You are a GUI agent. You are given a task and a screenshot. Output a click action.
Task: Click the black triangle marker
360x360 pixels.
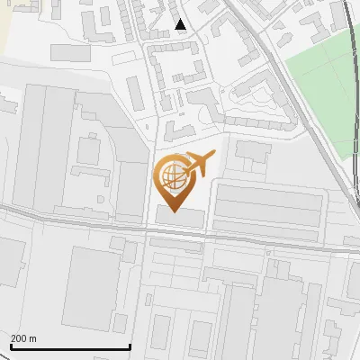point(181,24)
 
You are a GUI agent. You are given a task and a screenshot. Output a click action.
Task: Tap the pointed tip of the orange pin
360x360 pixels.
point(175,211)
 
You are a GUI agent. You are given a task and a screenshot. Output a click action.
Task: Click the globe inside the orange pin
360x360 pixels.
point(173,175)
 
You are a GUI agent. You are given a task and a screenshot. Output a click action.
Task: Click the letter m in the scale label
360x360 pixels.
point(33,338)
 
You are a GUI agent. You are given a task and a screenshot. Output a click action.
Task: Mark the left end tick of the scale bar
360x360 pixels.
point(11,346)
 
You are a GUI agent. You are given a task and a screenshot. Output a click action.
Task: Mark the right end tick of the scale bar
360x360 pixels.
point(130,346)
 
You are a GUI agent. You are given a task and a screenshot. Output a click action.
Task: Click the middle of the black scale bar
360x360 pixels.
point(70,347)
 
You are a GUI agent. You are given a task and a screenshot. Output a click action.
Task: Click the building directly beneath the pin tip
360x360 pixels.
point(180,216)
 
